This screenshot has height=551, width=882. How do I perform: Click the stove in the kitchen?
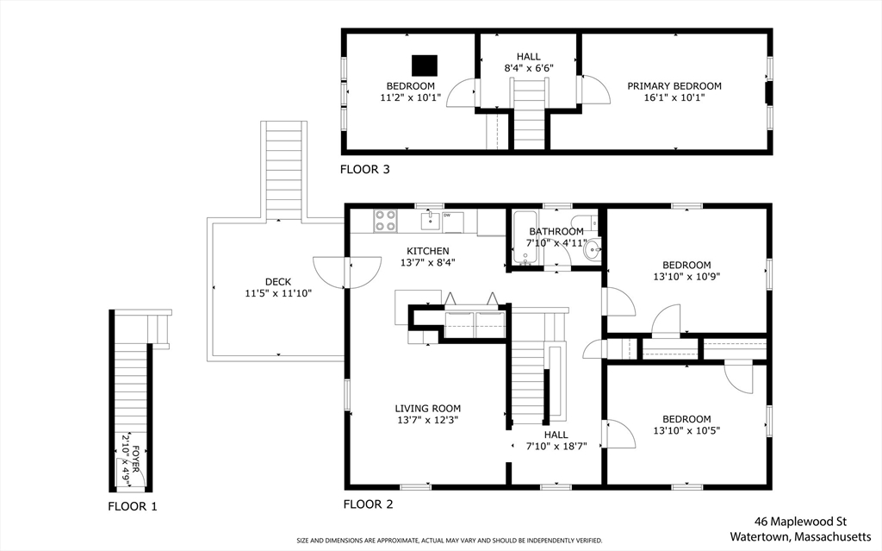(x=385, y=220)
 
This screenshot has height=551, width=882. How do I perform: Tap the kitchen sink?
(x=431, y=221)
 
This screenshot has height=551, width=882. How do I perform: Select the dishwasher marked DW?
(x=452, y=222)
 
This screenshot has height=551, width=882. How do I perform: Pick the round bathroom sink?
(x=591, y=249)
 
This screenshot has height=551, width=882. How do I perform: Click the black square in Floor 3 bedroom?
(x=425, y=66)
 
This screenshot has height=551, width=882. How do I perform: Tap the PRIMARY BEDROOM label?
(x=674, y=86)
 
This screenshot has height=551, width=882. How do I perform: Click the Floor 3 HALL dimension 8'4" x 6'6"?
(x=529, y=68)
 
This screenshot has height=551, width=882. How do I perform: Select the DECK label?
(x=278, y=282)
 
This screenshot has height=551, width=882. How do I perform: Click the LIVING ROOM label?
(x=427, y=409)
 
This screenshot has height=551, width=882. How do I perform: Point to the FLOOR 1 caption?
(x=133, y=506)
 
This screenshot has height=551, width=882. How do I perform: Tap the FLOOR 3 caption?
(x=365, y=169)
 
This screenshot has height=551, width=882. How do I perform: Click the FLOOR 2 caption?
(x=369, y=504)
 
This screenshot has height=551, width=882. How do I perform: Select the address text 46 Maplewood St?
(x=800, y=522)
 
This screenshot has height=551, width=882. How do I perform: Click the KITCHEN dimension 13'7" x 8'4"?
(x=427, y=262)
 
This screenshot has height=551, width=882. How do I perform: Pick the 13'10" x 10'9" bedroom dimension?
(x=686, y=277)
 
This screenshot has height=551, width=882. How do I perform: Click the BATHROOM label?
(x=556, y=232)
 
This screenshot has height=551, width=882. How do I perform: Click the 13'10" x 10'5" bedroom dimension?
(x=686, y=430)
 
